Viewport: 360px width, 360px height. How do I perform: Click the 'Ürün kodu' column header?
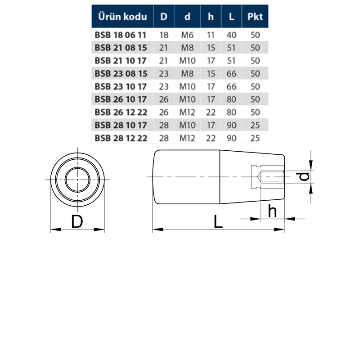tap(122, 17)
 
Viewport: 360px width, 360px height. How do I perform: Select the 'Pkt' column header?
tap(255, 17)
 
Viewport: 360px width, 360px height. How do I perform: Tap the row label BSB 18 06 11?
tap(121, 35)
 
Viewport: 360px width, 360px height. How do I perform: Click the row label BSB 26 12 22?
tap(121, 112)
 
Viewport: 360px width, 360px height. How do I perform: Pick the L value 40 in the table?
tap(231, 35)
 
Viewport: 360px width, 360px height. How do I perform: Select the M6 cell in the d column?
tap(187, 35)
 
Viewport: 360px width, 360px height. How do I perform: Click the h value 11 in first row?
tap(211, 35)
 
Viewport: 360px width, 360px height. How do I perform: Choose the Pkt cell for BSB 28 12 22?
tap(255, 138)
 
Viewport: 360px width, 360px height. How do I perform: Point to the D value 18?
tap(164, 35)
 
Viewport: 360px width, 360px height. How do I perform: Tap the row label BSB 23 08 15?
tap(121, 74)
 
